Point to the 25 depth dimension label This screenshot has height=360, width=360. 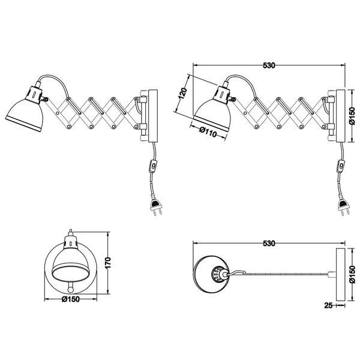328,305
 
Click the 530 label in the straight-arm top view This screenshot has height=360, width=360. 268,244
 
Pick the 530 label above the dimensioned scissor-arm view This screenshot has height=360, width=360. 268,66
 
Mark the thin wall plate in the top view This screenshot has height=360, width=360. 340,273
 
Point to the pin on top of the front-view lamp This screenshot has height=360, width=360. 70,230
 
